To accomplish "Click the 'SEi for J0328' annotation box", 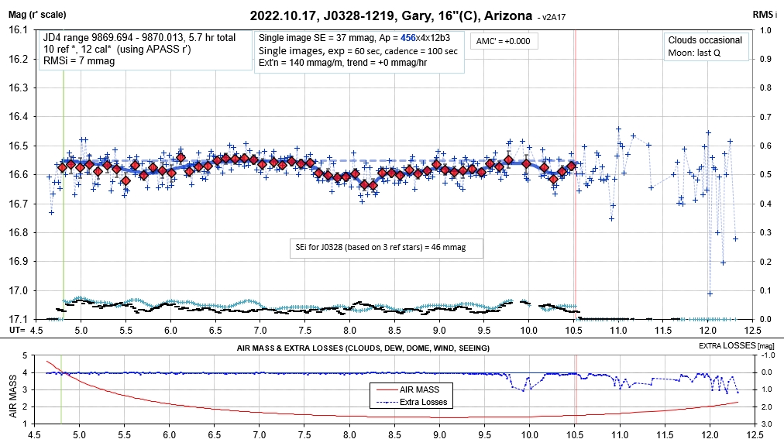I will (384, 248).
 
